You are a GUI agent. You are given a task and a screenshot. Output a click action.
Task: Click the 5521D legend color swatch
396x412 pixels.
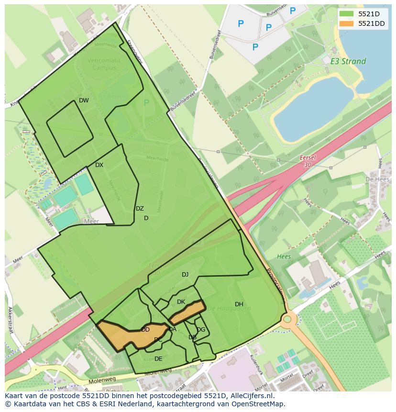(347, 14)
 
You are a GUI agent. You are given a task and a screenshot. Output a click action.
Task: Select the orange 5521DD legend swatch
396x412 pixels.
(347, 23)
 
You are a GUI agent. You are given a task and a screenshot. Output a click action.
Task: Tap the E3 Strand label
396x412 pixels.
(348, 61)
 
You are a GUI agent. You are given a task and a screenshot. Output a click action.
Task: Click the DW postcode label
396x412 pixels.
(84, 100)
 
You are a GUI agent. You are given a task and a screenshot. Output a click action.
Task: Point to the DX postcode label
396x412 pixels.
(99, 165)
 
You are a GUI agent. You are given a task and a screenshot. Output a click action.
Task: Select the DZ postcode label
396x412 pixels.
(140, 209)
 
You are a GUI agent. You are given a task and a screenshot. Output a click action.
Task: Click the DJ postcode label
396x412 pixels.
(185, 275)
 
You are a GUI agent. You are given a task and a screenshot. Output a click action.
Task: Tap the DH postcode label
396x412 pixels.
(239, 304)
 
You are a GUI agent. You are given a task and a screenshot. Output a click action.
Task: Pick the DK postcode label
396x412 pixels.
(181, 302)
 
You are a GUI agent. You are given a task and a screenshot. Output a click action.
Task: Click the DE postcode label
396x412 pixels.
(158, 359)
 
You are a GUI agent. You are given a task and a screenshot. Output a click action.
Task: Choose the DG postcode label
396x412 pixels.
(201, 330)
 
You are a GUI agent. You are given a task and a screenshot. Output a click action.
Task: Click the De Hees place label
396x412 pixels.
(375, 179)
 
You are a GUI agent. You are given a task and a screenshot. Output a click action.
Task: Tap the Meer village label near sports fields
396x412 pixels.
(91, 222)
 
